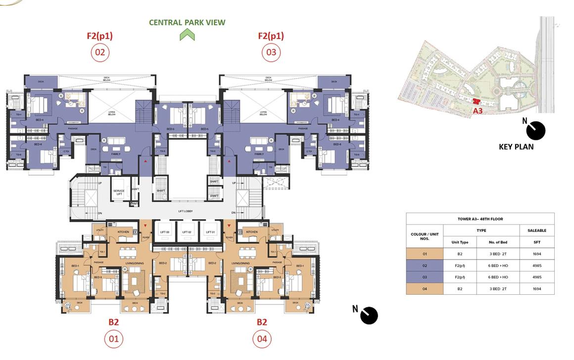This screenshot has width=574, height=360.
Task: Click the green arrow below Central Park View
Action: click(x=187, y=35)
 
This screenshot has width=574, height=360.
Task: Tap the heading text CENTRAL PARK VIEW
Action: click(x=187, y=22)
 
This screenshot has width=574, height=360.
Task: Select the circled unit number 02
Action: click(x=100, y=52)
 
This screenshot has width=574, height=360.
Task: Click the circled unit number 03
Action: click(x=271, y=52)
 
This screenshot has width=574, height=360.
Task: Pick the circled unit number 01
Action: click(x=114, y=339)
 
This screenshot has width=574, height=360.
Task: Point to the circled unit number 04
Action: click(x=262, y=339)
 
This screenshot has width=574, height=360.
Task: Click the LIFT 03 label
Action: click(x=165, y=232)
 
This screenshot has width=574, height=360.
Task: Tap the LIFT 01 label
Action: click(x=210, y=232)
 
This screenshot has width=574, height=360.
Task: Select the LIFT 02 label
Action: click(x=187, y=232)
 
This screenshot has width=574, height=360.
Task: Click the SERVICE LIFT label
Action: click(x=119, y=192)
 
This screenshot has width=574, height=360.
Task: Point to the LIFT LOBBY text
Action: click(x=185, y=211)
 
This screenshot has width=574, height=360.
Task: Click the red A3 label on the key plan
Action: click(x=478, y=111)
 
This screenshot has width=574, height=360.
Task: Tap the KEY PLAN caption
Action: click(x=516, y=146)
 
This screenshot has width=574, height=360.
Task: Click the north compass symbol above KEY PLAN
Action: click(x=535, y=131)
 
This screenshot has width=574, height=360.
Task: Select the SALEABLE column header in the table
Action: click(x=537, y=230)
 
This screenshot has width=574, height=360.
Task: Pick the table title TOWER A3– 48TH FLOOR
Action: click(x=480, y=219)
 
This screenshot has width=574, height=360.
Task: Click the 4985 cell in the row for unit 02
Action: click(x=537, y=266)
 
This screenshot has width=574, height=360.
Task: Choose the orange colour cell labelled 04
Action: click(x=425, y=289)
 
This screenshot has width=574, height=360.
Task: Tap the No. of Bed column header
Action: click(x=498, y=242)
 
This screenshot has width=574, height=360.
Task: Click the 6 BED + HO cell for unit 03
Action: click(x=498, y=277)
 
